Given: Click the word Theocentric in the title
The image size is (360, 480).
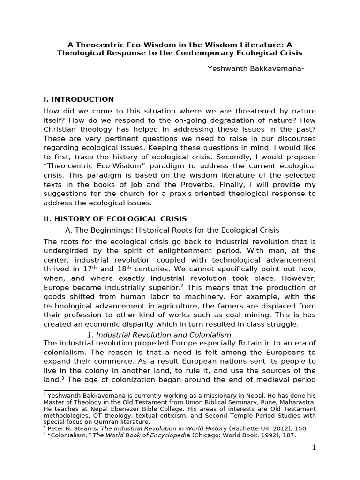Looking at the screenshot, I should (96, 45).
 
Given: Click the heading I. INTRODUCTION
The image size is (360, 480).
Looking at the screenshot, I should (78, 99).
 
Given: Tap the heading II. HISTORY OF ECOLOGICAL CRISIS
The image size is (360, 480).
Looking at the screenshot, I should (115, 219).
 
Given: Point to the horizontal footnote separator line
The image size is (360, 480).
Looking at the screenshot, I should (77, 390).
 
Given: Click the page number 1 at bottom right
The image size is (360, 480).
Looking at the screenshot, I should (314, 448).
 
